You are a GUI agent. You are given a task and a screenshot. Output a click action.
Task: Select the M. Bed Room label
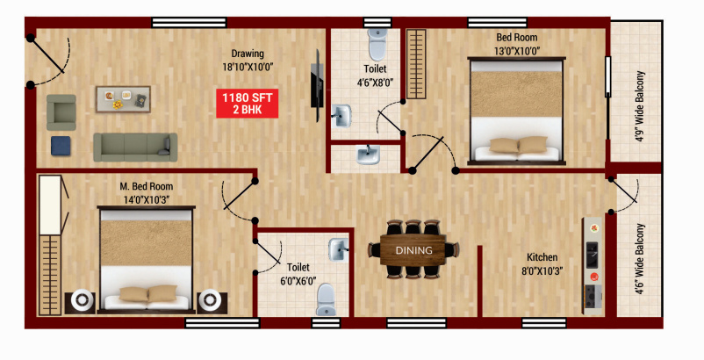point(147,186)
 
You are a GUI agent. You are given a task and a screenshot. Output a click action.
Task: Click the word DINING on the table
point(413,250)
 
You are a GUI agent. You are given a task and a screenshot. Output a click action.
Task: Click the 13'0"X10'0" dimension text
point(516,50)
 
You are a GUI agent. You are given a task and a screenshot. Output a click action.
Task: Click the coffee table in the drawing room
point(123,99)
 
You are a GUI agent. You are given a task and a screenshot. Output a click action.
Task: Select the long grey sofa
point(135,147)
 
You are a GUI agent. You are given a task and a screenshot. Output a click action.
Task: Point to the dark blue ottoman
point(62,146)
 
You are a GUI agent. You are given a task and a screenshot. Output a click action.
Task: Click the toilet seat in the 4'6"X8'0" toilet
point(377,41)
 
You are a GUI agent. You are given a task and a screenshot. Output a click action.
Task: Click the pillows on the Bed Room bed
point(519,146)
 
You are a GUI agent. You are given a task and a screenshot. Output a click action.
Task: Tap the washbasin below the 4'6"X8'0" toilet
point(368,155)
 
